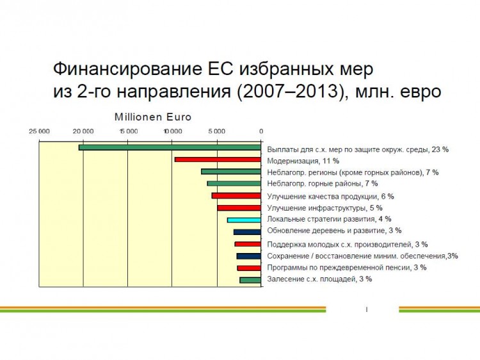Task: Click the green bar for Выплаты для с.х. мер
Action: pos(170,147)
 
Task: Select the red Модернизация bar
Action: pos(218,160)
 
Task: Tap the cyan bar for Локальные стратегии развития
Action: pos(244,220)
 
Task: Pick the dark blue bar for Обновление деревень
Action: pos(247,232)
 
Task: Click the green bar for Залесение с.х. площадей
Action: pos(250,280)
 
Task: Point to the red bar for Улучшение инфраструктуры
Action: pos(239,208)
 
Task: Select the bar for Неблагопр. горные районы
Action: pos(234,184)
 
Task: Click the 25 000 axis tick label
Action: pos(39,131)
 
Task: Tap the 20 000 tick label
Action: pos(83,131)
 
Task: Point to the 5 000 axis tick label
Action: pos(217,131)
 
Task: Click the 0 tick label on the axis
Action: pos(261,131)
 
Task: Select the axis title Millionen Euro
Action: pos(153,117)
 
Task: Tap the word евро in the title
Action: pos(420,92)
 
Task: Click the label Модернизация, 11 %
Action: pos(303,161)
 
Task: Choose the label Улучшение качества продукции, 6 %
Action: pos(331,197)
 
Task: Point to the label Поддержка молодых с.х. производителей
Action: pos(339,245)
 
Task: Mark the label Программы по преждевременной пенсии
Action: pos(339,268)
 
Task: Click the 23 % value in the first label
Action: pos(440,149)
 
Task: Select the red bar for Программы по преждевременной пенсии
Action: pos(249,268)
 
